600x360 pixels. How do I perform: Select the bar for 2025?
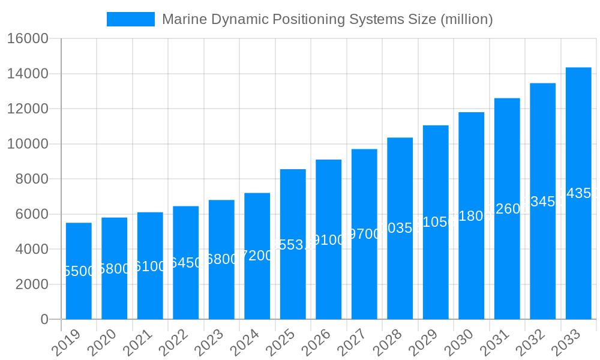293,282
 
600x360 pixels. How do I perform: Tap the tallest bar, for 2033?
578,258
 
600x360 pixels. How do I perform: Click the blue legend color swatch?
130,19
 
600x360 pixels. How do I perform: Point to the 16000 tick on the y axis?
28,39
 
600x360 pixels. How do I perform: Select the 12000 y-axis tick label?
28,109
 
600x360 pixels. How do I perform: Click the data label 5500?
79,271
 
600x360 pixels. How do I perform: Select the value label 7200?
257,256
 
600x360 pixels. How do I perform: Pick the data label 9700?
364,234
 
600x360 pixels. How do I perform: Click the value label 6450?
185,263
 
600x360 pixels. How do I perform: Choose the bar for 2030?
471,270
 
